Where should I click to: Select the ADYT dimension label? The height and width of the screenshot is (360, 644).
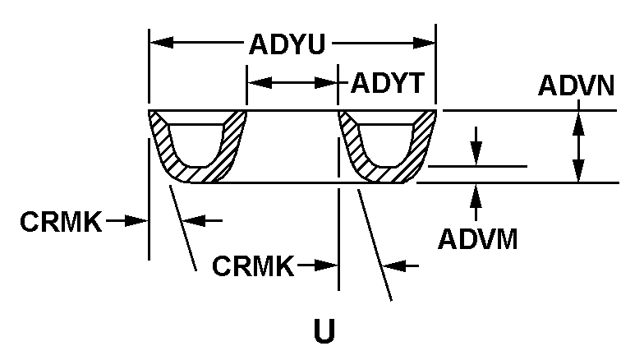(387, 82)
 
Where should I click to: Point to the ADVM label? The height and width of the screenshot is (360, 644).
(477, 238)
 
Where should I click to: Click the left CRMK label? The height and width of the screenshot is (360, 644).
(62, 221)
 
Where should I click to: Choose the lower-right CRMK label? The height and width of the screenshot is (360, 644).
(253, 265)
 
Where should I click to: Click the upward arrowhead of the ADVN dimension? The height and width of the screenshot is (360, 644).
(580, 119)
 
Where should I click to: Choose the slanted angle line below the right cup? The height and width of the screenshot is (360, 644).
(373, 243)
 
